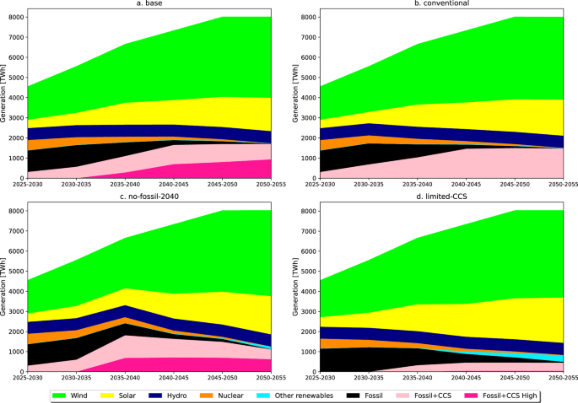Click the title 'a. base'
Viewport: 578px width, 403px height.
coord(149,3)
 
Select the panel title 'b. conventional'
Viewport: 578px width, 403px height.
coord(442,3)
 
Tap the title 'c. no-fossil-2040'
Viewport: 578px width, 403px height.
coord(149,196)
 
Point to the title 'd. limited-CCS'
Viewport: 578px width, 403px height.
coord(442,196)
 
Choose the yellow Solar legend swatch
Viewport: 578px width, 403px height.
coord(107,395)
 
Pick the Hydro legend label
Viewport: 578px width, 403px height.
coord(177,395)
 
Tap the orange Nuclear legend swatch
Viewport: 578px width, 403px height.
coord(206,395)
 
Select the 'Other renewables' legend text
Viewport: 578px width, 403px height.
coord(304,395)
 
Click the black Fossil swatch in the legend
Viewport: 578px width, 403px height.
coord(353,395)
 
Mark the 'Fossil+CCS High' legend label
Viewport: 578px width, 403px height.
coord(510,395)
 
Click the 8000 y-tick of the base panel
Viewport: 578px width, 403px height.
coord(16,17)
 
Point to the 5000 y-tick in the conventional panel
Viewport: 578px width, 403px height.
coord(308,77)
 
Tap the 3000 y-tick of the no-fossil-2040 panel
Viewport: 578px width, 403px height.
coord(16,311)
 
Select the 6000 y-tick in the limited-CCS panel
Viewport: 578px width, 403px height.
coord(308,251)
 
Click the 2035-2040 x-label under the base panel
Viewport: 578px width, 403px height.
coord(125,184)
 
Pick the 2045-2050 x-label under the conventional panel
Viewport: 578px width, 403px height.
coord(515,184)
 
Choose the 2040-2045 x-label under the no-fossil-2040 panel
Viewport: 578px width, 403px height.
coord(173,378)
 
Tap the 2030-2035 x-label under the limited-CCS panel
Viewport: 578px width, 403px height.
coord(368,378)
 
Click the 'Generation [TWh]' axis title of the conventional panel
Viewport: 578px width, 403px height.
coord(295,93)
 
